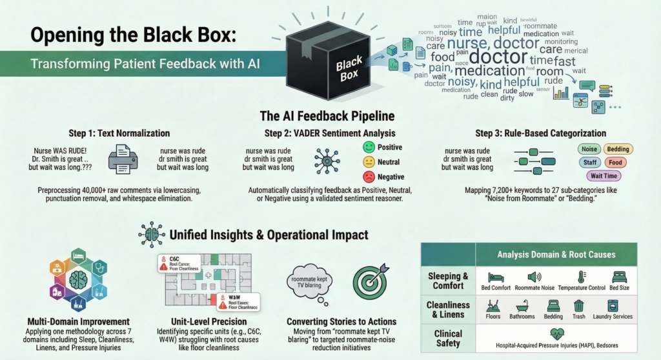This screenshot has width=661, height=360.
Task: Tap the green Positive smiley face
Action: [x=369, y=147]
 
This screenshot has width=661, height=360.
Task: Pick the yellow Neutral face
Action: [x=369, y=162]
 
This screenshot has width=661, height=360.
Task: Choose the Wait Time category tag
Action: [x=605, y=175]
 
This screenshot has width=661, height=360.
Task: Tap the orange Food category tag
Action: [x=615, y=163]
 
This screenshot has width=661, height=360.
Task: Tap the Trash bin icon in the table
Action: [x=578, y=306]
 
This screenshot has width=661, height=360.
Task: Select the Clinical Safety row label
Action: [x=448, y=339]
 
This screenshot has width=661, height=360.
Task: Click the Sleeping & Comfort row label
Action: [x=448, y=281]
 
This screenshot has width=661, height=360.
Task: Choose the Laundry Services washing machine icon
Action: [x=613, y=306]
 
